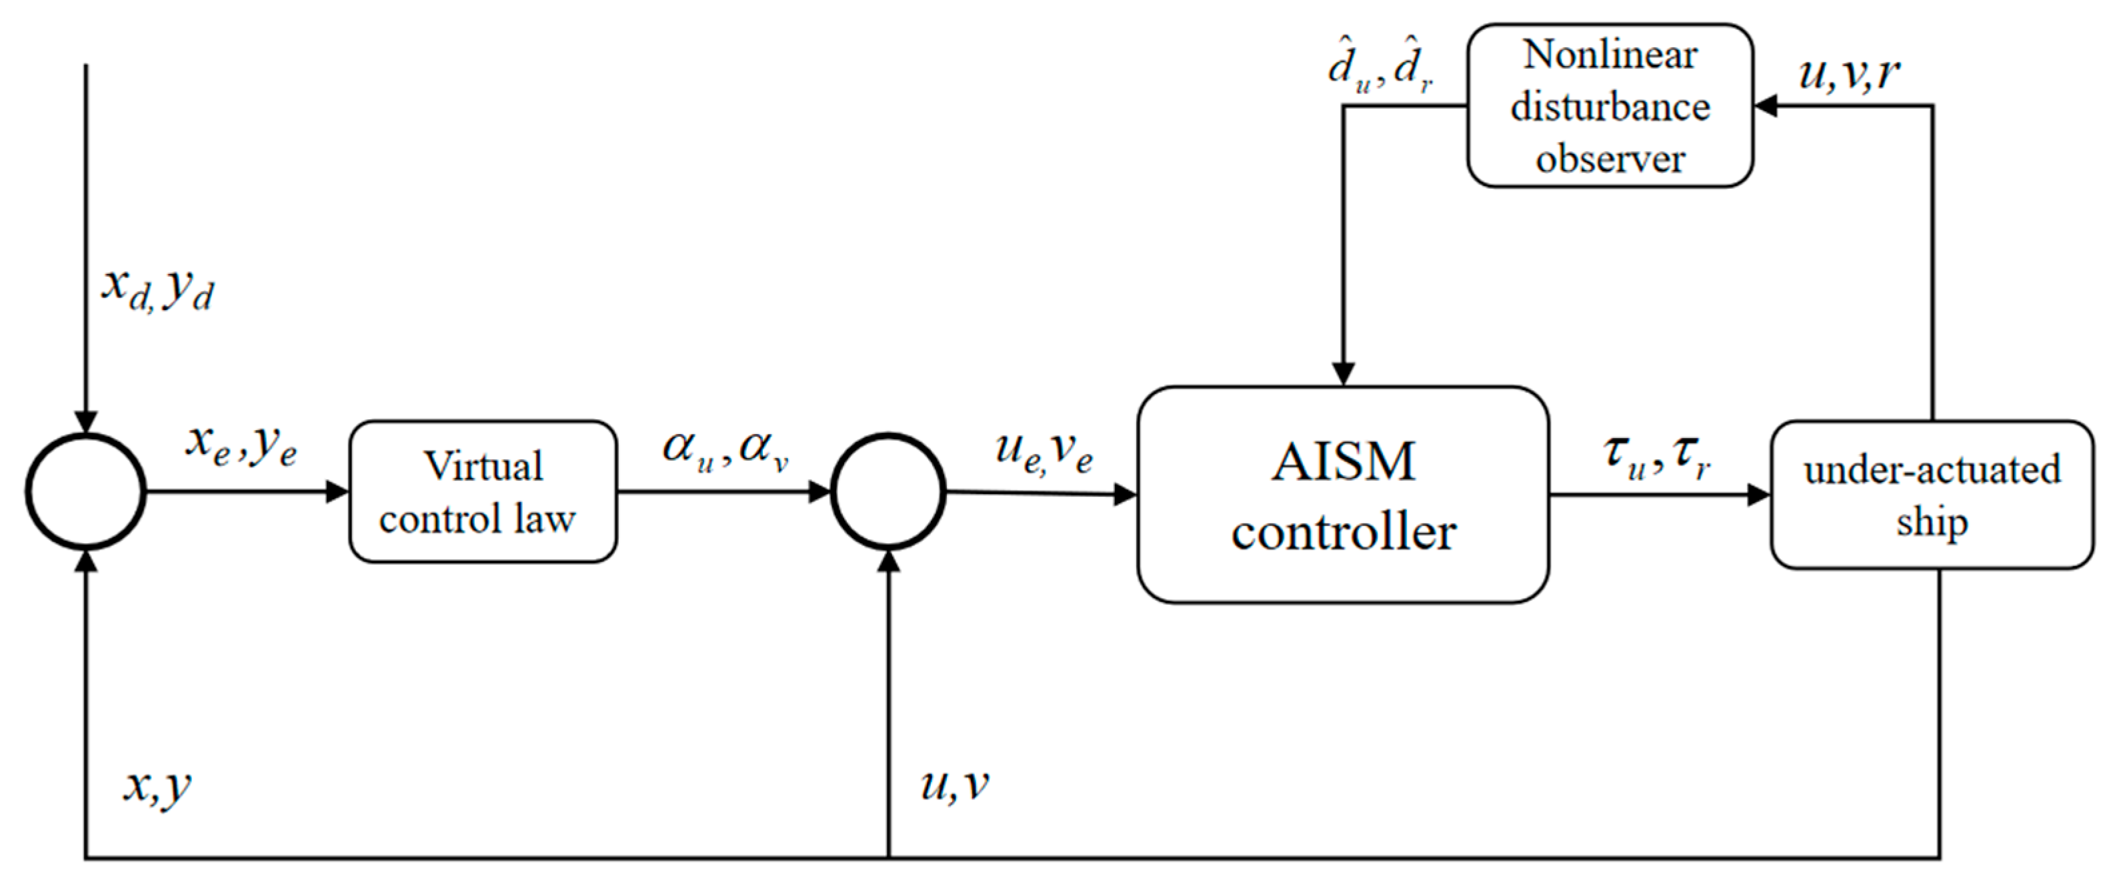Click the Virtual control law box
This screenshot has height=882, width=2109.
pyautogui.click(x=483, y=491)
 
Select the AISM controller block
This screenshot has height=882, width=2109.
pyautogui.click(x=1343, y=495)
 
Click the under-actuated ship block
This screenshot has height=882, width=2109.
pyautogui.click(x=1932, y=495)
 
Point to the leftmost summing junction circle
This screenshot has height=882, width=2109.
pyautogui.click(x=86, y=491)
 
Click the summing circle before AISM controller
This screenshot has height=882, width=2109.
pyautogui.click(x=888, y=491)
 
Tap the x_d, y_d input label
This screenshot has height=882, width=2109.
pyautogui.click(x=157, y=291)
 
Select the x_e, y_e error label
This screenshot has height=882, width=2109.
pyautogui.click(x=241, y=446)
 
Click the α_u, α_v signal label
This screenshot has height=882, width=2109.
pyautogui.click(x=725, y=449)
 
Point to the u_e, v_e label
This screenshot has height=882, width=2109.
pyautogui.click(x=1044, y=451)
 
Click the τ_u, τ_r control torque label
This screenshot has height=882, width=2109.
pyautogui.click(x=1656, y=455)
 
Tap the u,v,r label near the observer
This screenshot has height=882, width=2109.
pyautogui.click(x=1849, y=74)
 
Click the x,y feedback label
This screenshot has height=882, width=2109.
pyautogui.click(x=157, y=786)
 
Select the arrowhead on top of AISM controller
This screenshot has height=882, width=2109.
pyautogui.click(x=1344, y=374)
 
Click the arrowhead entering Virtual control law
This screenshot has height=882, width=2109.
pyautogui.click(x=337, y=491)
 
